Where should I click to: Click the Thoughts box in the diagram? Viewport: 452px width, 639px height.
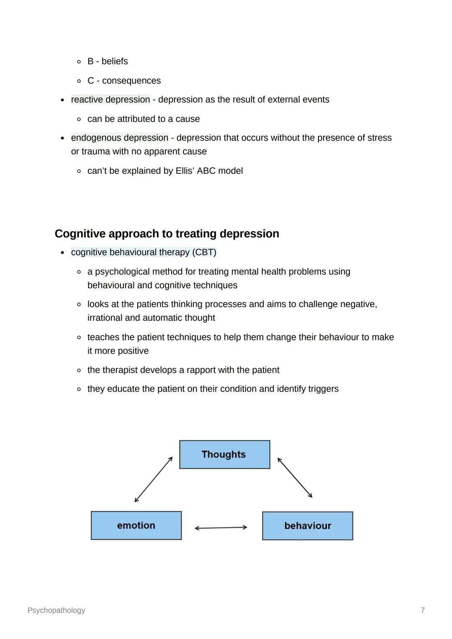click(224, 455)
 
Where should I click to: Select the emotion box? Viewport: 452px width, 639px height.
click(136, 526)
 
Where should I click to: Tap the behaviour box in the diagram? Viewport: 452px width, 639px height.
click(308, 526)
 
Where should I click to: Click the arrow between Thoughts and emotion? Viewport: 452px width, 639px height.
click(154, 479)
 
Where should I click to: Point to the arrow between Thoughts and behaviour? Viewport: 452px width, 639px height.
click(295, 478)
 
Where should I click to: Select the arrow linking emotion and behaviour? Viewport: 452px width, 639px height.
click(221, 528)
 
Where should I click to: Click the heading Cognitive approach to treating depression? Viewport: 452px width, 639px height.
click(167, 234)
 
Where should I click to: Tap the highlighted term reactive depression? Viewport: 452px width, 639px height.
click(110, 100)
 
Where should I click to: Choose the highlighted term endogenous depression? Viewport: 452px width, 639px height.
click(120, 138)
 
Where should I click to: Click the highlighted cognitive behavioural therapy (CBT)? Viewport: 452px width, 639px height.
click(144, 252)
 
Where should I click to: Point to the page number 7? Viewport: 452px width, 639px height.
click(423, 610)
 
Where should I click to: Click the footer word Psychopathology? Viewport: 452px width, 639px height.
click(56, 610)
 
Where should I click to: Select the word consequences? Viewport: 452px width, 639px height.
click(131, 81)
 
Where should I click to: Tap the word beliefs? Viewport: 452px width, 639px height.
click(115, 61)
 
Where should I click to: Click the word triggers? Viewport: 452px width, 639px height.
click(323, 389)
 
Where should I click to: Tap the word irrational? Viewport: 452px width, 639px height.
click(105, 318)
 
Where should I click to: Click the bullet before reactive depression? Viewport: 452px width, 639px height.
click(62, 100)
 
